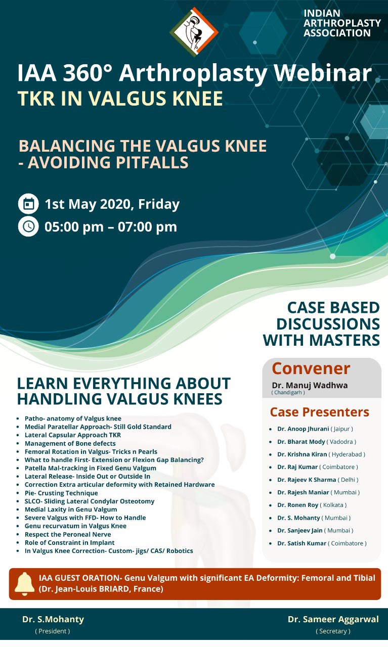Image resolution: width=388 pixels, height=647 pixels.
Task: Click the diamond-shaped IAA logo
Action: point(194,32)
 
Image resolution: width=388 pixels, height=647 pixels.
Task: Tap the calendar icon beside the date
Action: point(28,204)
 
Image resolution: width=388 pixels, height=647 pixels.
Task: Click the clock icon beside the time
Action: point(28,226)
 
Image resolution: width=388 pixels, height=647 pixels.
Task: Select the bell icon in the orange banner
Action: point(24,584)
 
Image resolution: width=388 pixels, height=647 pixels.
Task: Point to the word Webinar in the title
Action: point(323,73)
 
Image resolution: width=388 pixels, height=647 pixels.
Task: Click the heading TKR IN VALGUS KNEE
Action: point(120,98)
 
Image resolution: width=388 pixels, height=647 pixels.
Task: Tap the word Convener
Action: point(311,368)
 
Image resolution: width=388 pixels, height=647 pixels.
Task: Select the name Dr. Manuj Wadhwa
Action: point(310,385)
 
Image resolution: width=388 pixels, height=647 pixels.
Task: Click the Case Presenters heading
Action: point(320,412)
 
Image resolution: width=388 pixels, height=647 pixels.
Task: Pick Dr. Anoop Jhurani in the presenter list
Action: point(303,429)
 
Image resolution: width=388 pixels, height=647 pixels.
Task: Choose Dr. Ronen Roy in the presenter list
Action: point(297,505)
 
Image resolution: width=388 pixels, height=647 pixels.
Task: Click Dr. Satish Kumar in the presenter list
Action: point(301,543)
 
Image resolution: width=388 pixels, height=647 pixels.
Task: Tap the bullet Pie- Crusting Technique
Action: point(61,493)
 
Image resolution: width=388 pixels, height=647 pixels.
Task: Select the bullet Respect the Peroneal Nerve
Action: point(68,534)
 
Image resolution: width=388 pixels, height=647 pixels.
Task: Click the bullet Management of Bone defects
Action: point(70,443)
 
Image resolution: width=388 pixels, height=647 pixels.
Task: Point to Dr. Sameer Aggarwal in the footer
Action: point(333,619)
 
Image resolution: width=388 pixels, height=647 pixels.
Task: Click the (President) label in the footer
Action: point(53,631)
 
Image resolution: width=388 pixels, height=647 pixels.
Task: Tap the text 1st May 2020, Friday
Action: point(112,204)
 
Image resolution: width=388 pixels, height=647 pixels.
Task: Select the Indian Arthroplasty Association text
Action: point(342,23)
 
